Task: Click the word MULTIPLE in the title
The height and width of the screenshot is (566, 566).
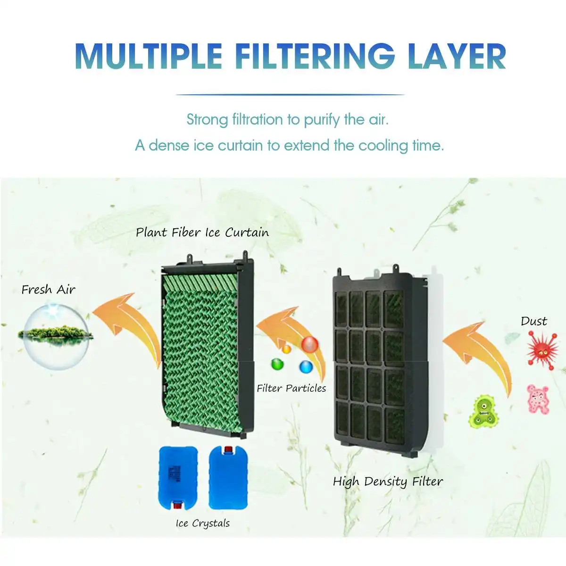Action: click(149, 56)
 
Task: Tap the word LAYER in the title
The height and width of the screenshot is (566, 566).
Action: click(457, 56)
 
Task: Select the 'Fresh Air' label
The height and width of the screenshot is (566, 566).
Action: click(49, 290)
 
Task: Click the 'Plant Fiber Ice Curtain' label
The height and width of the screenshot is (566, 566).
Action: click(202, 233)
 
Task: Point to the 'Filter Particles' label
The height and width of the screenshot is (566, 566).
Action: click(291, 388)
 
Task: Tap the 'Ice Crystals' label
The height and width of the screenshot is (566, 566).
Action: click(203, 524)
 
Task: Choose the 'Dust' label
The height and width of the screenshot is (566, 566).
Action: click(533, 321)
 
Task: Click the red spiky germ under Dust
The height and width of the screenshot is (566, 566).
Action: click(542, 350)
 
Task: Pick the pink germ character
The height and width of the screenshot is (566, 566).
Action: click(538, 400)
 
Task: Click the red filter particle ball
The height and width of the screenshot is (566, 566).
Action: click(310, 344)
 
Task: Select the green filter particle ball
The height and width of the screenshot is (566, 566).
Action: click(277, 365)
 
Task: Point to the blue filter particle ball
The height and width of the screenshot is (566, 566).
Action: click(306, 367)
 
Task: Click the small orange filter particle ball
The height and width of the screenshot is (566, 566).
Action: click(286, 349)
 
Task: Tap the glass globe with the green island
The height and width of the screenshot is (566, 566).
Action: click(56, 337)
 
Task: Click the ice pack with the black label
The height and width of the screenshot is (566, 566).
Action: click(178, 478)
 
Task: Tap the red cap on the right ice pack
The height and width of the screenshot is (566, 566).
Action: click(228, 449)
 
